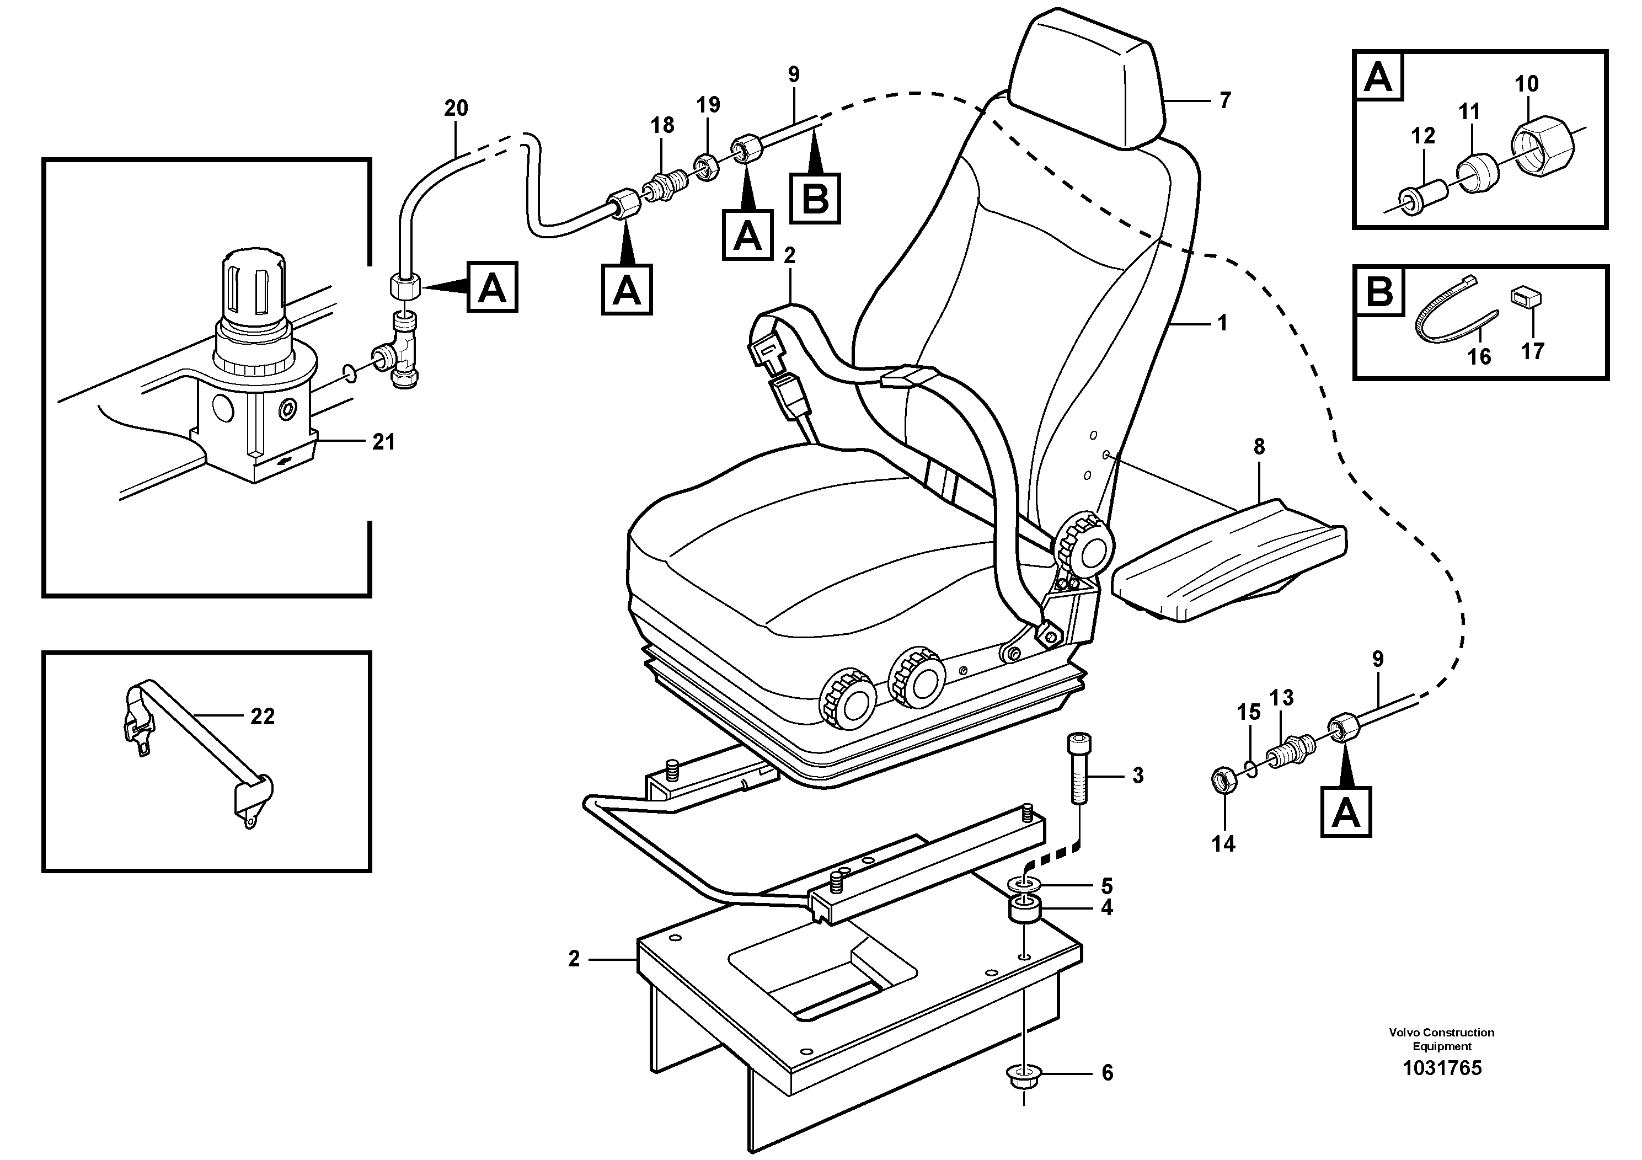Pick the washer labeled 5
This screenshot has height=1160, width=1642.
tap(1025, 885)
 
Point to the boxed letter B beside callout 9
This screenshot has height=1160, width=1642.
tap(815, 198)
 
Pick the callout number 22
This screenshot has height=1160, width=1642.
tap(263, 716)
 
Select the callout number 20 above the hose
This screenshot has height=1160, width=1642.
tap(456, 109)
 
